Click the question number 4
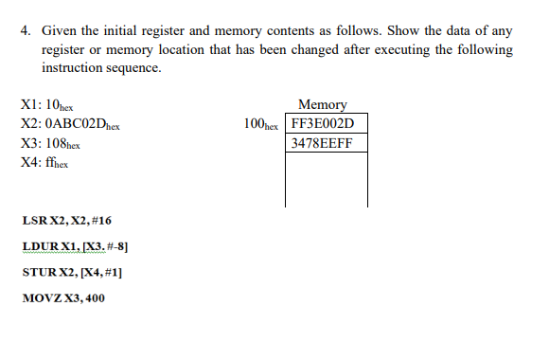click(25, 30)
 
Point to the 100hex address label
click(261, 124)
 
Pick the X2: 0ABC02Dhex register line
click(69, 124)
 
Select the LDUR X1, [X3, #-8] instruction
click(75, 246)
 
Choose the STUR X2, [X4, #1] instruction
click(71, 272)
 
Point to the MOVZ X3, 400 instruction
click(64, 297)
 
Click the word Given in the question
click(61, 30)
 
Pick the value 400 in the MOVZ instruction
click(94, 297)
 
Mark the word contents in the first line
click(281, 30)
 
